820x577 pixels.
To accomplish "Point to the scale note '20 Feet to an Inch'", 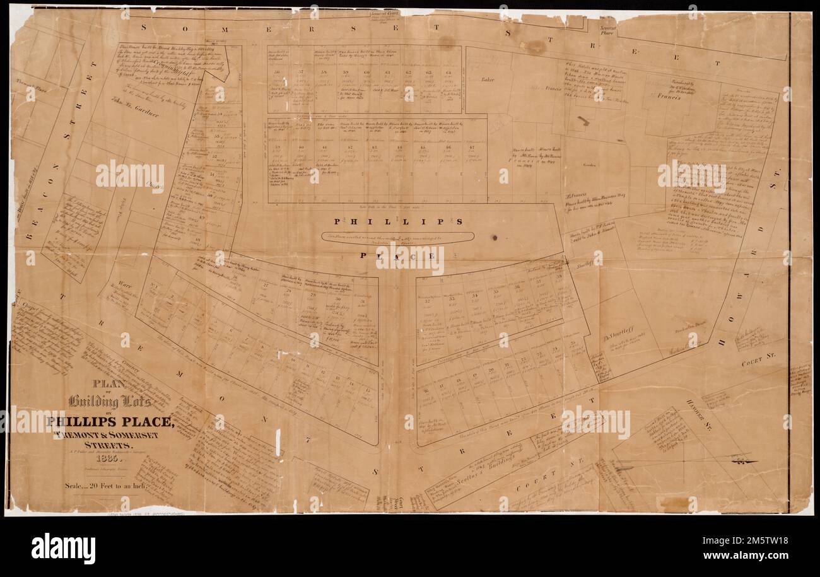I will [x=95, y=486].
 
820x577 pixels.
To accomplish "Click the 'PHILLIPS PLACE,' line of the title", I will [x=109, y=422].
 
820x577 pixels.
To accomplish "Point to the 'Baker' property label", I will [x=486, y=80].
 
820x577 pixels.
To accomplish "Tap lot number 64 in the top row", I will [x=448, y=73].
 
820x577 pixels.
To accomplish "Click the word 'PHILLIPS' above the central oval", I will [x=399, y=221].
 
